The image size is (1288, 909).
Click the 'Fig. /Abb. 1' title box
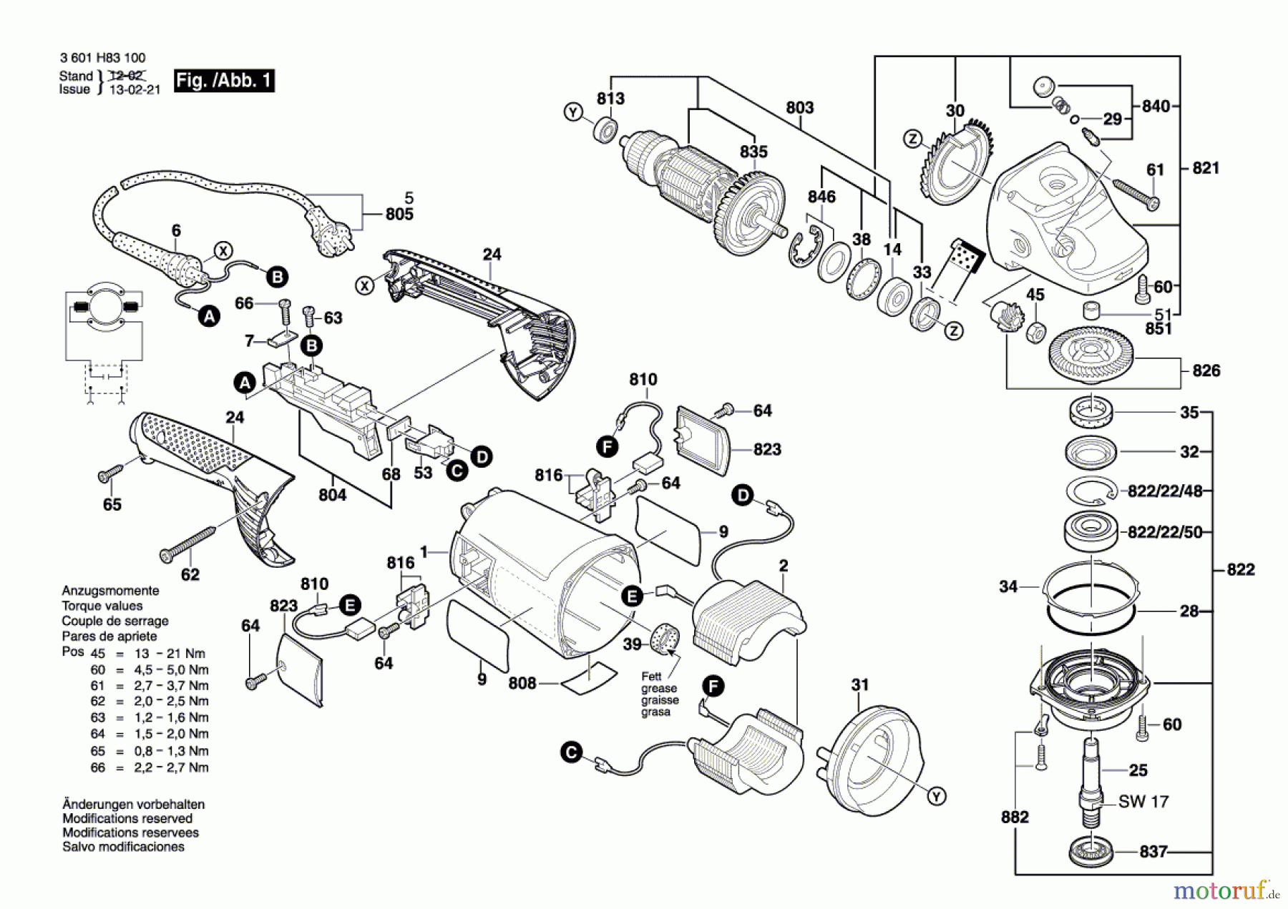tap(224, 80)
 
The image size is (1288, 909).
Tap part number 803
tap(799, 107)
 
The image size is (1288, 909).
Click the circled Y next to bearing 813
tap(572, 112)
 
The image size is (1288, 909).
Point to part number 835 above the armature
tap(753, 152)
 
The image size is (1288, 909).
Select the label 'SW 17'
tap(1143, 802)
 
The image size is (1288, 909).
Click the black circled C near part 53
tap(457, 471)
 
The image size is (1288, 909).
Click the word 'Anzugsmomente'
tap(110, 591)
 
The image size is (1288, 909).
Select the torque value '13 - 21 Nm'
tap(170, 654)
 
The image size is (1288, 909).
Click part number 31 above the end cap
tap(859, 684)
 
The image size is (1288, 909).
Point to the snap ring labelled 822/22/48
tap(1090, 491)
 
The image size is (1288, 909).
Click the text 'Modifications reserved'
tap(127, 818)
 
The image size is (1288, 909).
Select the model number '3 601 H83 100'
tap(102, 58)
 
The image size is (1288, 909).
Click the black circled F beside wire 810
tap(607, 448)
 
